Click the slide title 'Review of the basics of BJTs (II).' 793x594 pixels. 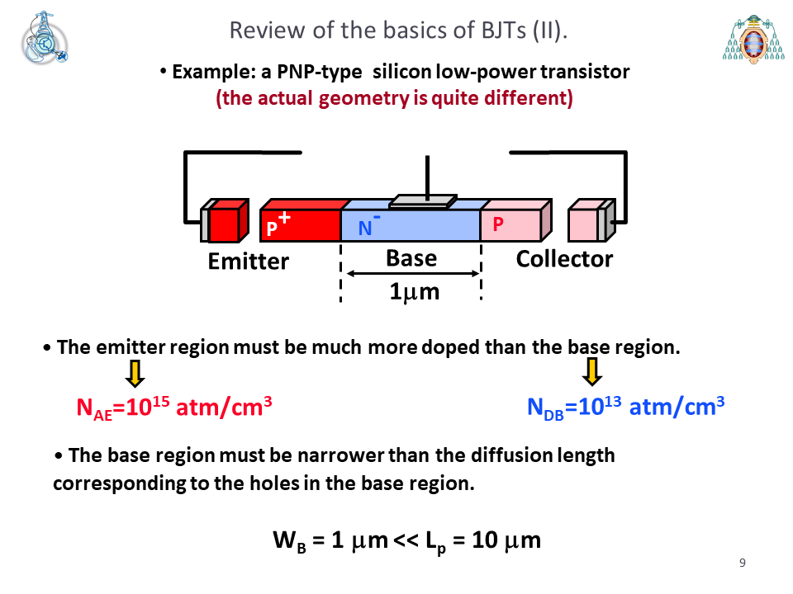(398, 31)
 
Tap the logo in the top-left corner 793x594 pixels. (45, 38)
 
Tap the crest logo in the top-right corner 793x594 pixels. (753, 39)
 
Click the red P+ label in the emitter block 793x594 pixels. (278, 224)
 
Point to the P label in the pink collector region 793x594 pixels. (498, 224)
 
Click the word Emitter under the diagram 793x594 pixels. (249, 262)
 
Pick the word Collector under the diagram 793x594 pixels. (564, 258)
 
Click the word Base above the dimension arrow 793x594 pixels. (411, 258)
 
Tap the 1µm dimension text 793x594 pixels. (414, 291)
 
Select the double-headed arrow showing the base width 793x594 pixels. (413, 273)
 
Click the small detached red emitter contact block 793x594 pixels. (225, 221)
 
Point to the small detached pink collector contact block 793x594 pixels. (591, 220)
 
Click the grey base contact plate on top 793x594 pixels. (423, 201)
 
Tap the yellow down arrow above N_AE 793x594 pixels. (135, 373)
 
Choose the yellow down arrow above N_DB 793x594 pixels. (592, 371)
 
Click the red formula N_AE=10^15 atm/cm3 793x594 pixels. (174, 407)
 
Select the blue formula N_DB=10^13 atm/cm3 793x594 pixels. (625, 407)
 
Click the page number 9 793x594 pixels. (743, 563)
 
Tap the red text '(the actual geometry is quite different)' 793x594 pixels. (395, 98)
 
